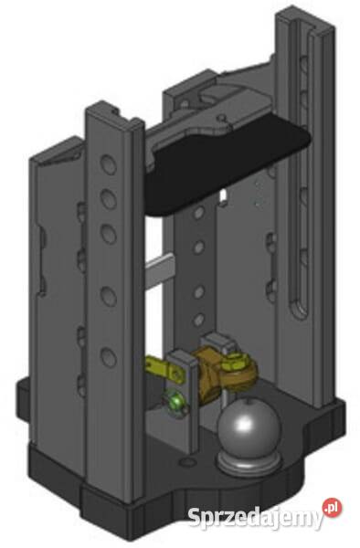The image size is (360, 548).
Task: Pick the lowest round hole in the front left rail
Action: click(109, 357)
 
